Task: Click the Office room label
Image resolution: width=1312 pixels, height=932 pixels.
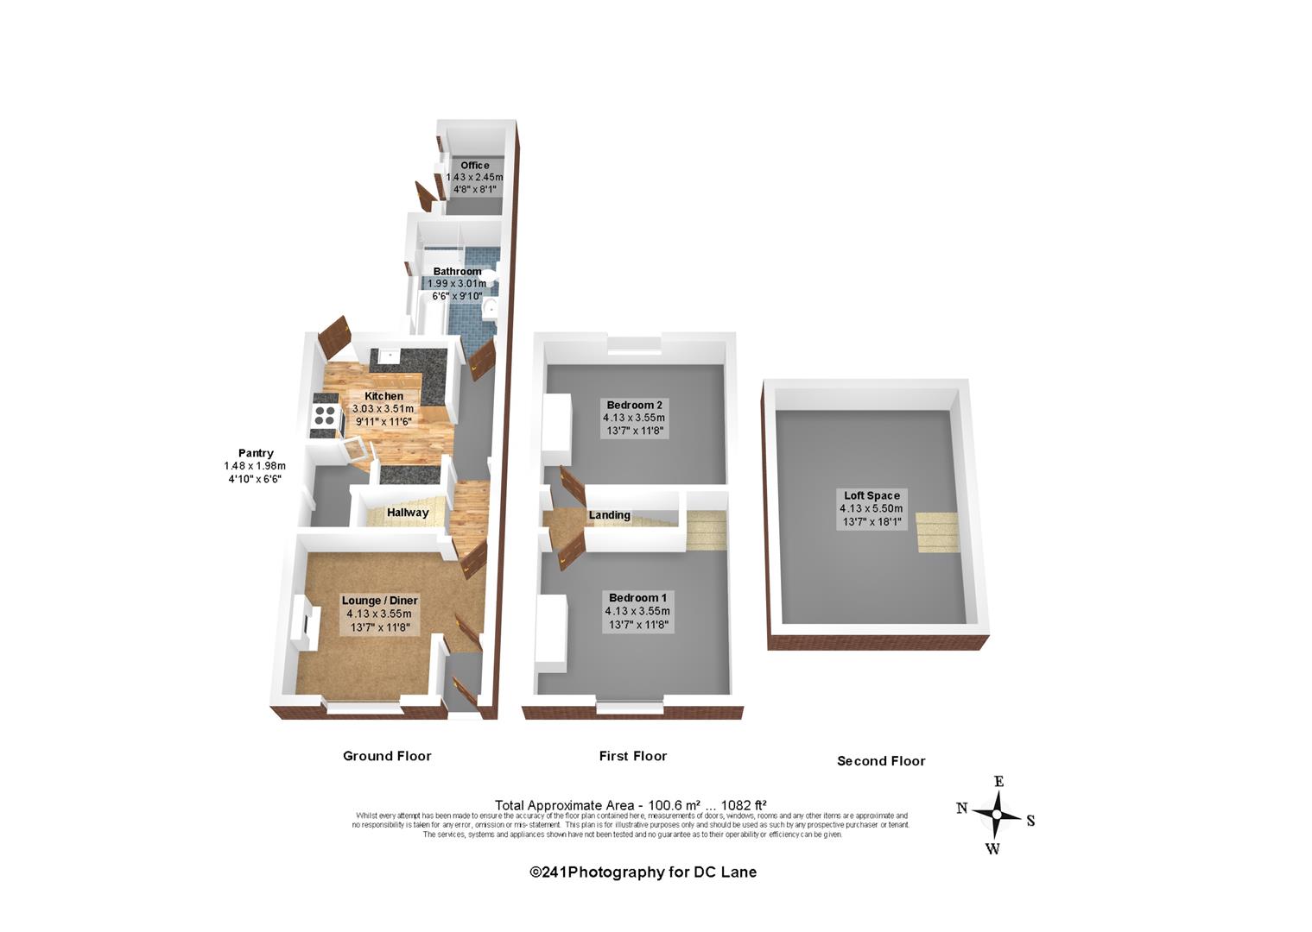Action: tap(474, 166)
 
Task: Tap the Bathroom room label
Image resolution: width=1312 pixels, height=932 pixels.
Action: tap(457, 272)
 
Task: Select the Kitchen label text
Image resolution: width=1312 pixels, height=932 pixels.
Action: tap(383, 396)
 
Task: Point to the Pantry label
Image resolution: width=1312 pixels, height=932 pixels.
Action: tap(256, 453)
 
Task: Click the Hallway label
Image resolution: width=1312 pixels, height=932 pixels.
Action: tap(408, 513)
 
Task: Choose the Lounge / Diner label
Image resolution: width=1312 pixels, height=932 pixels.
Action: tap(379, 601)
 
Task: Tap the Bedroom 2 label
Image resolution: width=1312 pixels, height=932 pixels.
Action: tap(634, 405)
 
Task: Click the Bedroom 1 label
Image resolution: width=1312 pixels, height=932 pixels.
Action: tap(637, 598)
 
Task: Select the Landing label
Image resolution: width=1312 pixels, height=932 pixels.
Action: tap(609, 515)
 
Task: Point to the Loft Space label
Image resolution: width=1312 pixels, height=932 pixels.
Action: tap(871, 495)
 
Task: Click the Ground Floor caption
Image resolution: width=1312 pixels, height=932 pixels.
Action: tap(387, 756)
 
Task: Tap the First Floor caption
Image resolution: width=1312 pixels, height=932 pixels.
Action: tap(632, 756)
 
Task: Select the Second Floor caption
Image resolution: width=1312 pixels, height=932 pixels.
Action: tap(881, 761)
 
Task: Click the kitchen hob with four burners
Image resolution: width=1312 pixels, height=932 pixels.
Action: tap(325, 415)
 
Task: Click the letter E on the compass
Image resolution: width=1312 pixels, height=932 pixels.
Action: tap(999, 782)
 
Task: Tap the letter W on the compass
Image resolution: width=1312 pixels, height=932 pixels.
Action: tap(992, 849)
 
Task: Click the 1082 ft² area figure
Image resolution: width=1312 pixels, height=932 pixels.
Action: tap(744, 805)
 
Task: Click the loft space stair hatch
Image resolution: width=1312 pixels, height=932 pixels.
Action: tap(937, 532)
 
